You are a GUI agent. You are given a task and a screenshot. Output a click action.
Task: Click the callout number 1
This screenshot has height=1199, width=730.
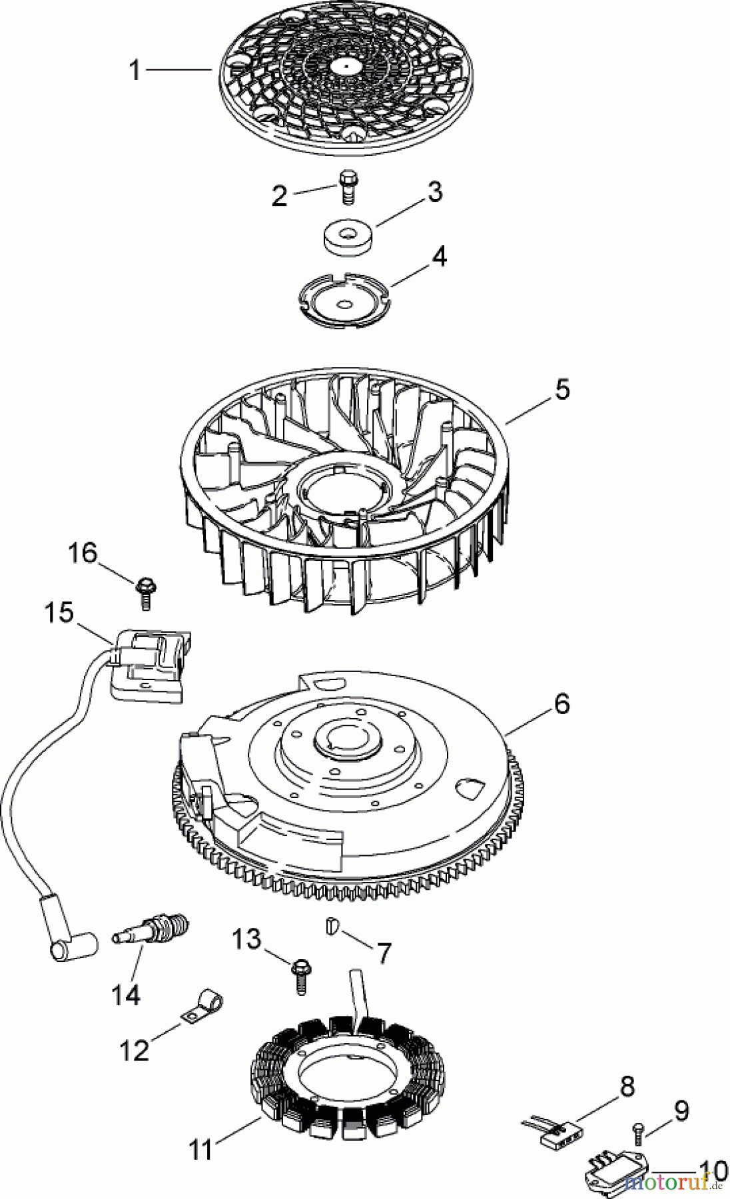tap(135, 69)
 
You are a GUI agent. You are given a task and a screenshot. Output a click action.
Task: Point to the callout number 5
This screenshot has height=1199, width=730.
tap(562, 389)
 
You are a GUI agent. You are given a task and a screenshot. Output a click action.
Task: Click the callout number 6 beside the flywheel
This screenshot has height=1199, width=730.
tap(561, 704)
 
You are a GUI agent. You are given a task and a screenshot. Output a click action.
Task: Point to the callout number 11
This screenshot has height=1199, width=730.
tap(201, 1150)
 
